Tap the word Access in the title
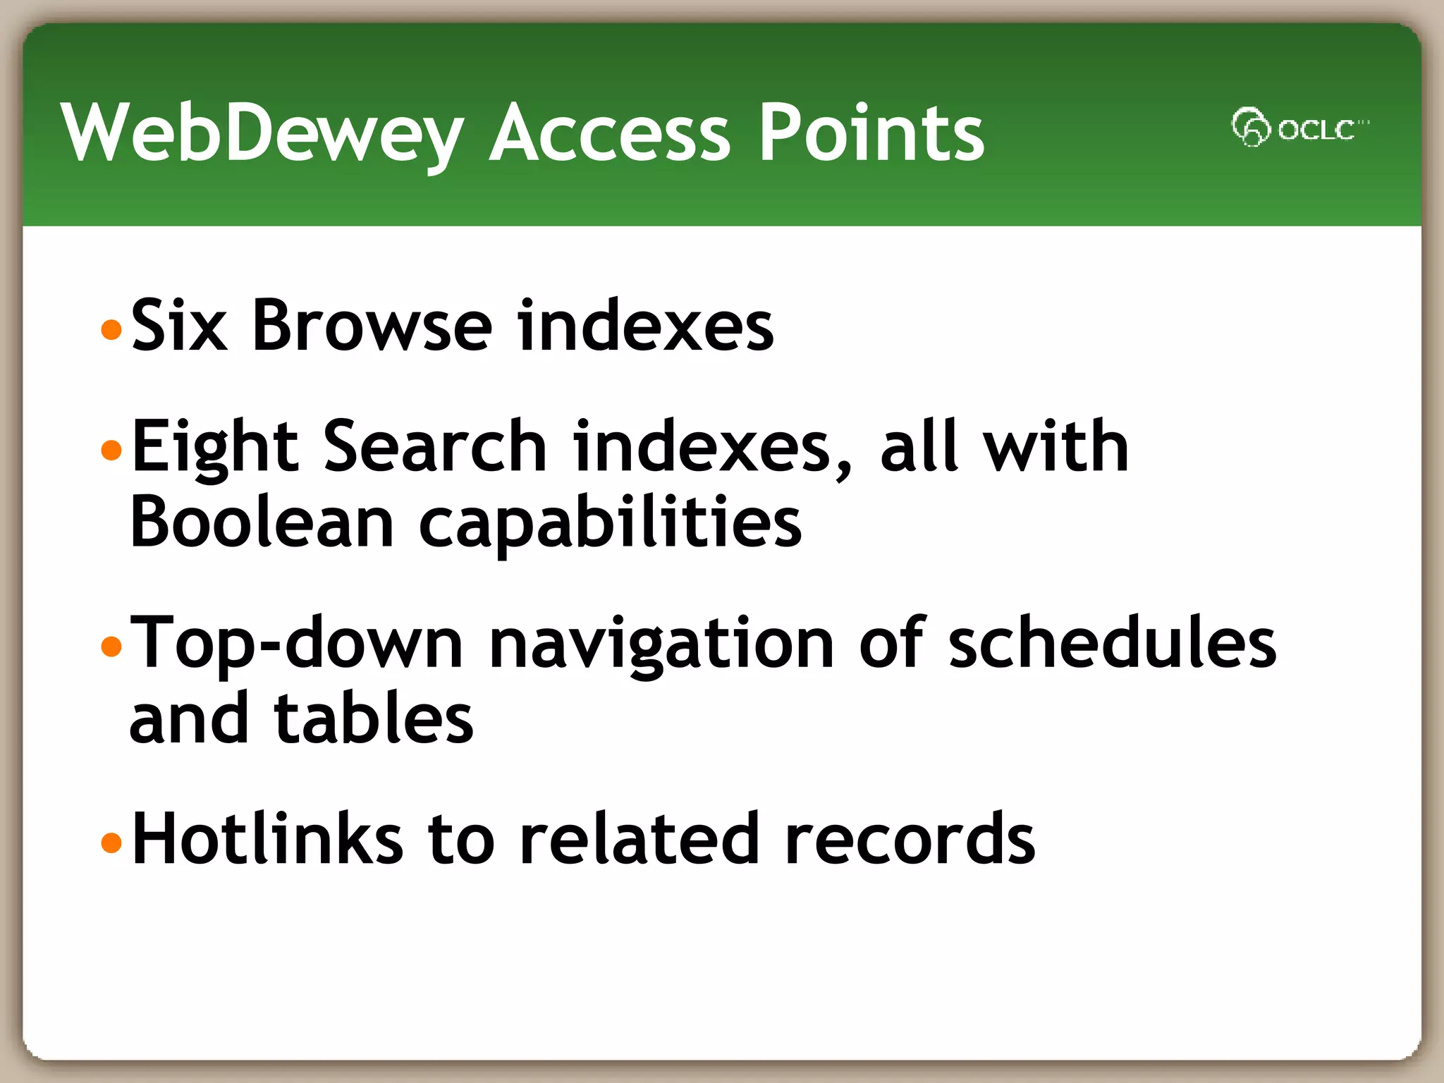[x=609, y=133]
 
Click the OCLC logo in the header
[x=1299, y=128]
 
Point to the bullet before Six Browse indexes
[x=111, y=329]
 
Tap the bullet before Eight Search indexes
[x=111, y=450]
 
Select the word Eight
[x=215, y=448]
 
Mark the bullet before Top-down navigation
[x=111, y=646]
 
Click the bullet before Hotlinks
[x=111, y=842]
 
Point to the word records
[x=909, y=839]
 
